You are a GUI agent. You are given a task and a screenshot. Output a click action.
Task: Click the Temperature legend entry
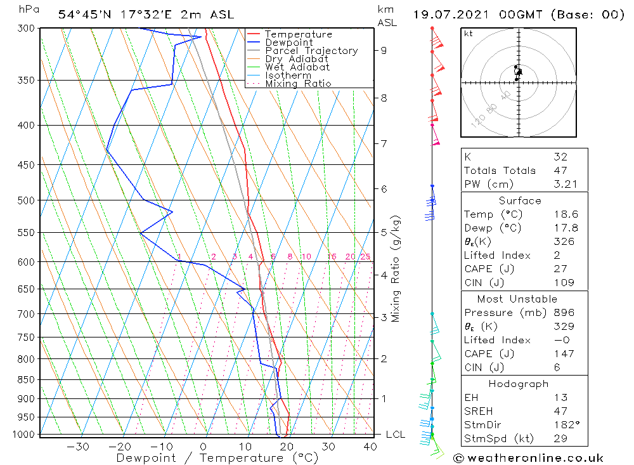298,34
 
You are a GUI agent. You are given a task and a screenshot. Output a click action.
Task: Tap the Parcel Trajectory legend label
311,51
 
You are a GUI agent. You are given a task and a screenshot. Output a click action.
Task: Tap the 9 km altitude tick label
384,50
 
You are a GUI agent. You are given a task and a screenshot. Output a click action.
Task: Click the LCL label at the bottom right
396,435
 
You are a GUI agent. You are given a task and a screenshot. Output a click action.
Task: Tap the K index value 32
560,157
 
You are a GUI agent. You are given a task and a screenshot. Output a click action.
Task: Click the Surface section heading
520,200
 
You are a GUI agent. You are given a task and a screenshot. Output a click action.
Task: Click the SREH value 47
560,411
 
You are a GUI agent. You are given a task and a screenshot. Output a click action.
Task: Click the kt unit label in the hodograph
469,34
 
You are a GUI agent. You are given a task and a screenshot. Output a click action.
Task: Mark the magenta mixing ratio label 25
365,257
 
